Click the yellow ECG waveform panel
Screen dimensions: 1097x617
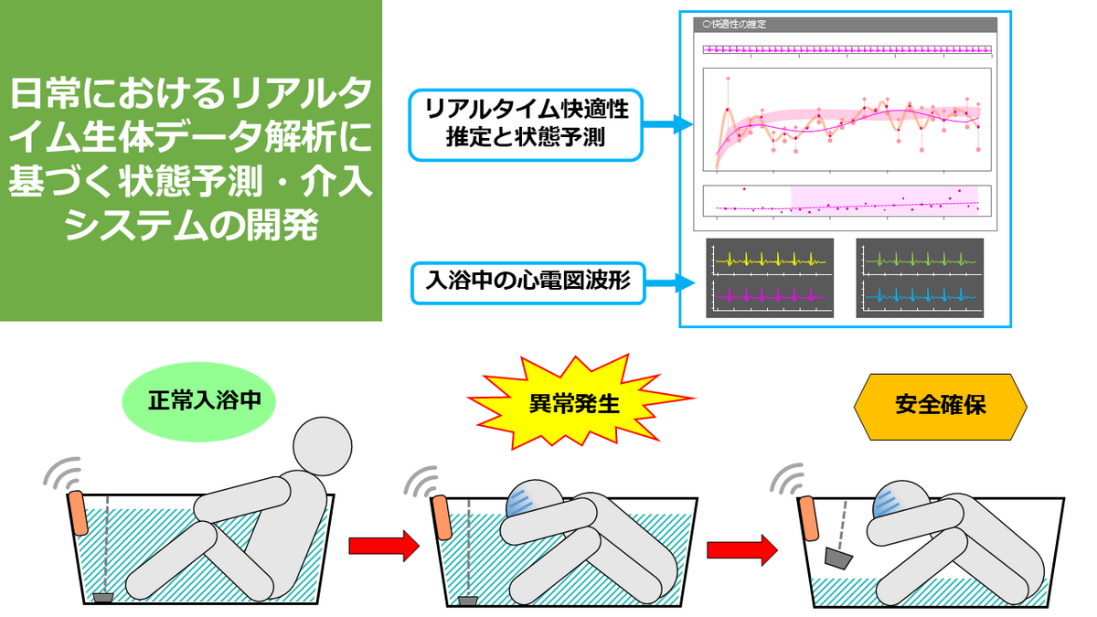pos(770,259)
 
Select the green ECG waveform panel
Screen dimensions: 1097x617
pos(920,259)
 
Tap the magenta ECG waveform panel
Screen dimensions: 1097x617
pos(770,296)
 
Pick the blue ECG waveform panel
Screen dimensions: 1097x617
pos(920,296)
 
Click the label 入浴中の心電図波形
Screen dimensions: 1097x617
pos(528,283)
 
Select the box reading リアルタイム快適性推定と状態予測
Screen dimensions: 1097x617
pos(526,125)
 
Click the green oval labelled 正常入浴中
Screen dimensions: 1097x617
pos(199,401)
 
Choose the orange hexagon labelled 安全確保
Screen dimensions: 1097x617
pos(940,407)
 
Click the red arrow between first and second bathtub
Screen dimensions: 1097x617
pos(384,546)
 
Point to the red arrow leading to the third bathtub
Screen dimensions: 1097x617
pos(741,550)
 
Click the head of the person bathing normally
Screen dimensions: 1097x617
pos(322,446)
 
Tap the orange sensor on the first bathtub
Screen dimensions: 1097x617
pos(78,513)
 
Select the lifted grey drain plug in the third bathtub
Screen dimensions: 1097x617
pos(838,558)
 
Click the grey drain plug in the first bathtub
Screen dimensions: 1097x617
pos(103,598)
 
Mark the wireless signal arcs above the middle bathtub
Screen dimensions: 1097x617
pos(422,482)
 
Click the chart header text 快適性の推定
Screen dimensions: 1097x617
pos(739,24)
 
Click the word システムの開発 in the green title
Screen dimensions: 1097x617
pos(191,225)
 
